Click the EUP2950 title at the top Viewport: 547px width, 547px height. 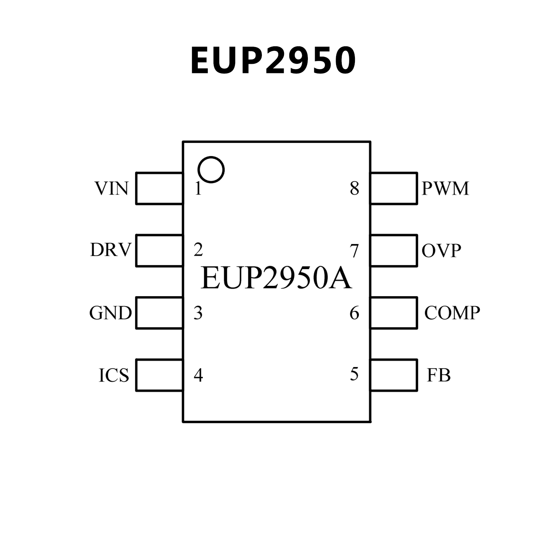[273, 61]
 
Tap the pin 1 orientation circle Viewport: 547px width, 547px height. [211, 170]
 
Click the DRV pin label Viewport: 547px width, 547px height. [110, 250]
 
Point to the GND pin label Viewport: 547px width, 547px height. [110, 313]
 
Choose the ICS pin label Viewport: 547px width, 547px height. [114, 375]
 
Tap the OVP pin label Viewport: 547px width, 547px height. [441, 251]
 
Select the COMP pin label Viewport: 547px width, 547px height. [452, 313]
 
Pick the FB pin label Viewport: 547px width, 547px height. [439, 375]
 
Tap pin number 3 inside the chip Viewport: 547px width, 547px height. [198, 313]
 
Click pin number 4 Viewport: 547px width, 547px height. [198, 375]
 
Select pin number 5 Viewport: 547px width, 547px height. [354, 374]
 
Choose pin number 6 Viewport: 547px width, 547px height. [354, 313]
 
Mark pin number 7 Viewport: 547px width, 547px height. [354, 251]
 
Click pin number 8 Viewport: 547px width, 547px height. [354, 188]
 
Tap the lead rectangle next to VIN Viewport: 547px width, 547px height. [159, 189]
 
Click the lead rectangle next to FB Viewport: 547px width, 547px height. [394, 375]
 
